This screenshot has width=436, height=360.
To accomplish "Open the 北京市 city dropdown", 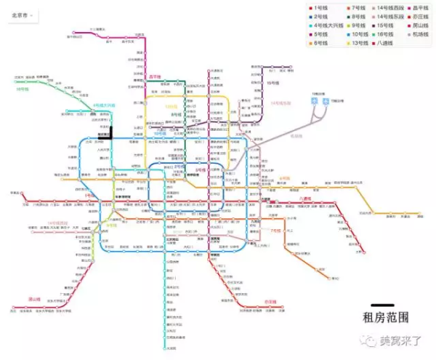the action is [x=23, y=14].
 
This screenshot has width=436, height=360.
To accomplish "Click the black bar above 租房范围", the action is [x=383, y=305].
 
